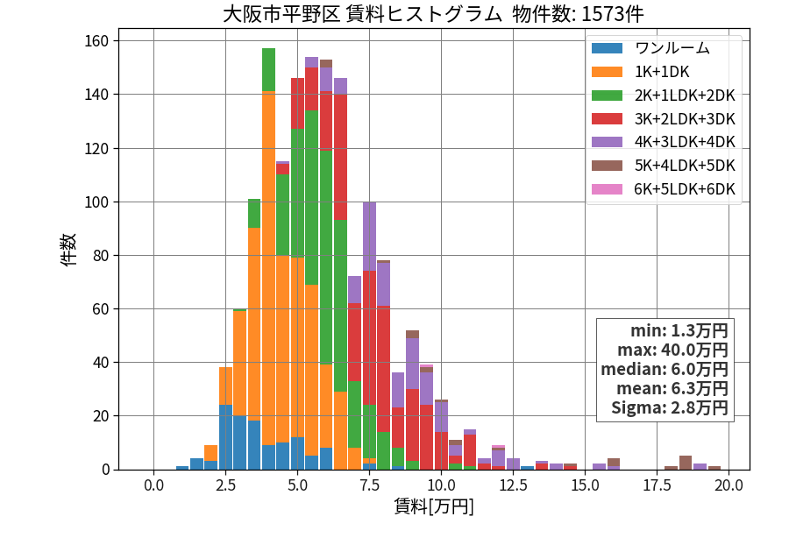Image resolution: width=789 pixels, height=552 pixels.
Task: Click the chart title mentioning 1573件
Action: tap(433, 14)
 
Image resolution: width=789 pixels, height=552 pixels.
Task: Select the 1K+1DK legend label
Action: tap(662, 72)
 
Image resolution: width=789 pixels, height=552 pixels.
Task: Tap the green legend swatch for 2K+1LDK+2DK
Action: tap(607, 95)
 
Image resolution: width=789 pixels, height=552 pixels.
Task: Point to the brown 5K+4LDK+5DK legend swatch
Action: tap(607, 166)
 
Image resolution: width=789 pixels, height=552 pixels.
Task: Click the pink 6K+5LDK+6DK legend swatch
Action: tap(607, 189)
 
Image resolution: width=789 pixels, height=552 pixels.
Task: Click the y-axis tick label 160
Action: tap(97, 40)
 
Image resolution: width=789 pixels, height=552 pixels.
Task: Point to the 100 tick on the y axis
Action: tap(97, 202)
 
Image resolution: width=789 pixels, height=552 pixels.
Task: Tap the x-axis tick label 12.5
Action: tap(513, 485)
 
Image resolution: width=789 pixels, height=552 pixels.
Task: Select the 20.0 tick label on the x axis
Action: tap(729, 485)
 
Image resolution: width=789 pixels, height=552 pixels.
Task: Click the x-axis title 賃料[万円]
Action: tap(434, 506)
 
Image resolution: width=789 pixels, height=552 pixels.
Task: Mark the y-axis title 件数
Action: tap(68, 249)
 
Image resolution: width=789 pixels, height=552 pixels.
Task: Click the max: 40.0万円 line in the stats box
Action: tap(672, 350)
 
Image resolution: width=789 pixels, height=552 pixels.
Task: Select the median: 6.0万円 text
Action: tap(665, 369)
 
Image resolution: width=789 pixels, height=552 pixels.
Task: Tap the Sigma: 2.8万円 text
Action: tap(670, 407)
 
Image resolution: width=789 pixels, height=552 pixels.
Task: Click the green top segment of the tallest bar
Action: tap(269, 70)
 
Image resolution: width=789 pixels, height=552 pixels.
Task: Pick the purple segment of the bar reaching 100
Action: tap(369, 237)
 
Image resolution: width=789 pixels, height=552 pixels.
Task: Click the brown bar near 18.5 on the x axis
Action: tap(686, 463)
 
